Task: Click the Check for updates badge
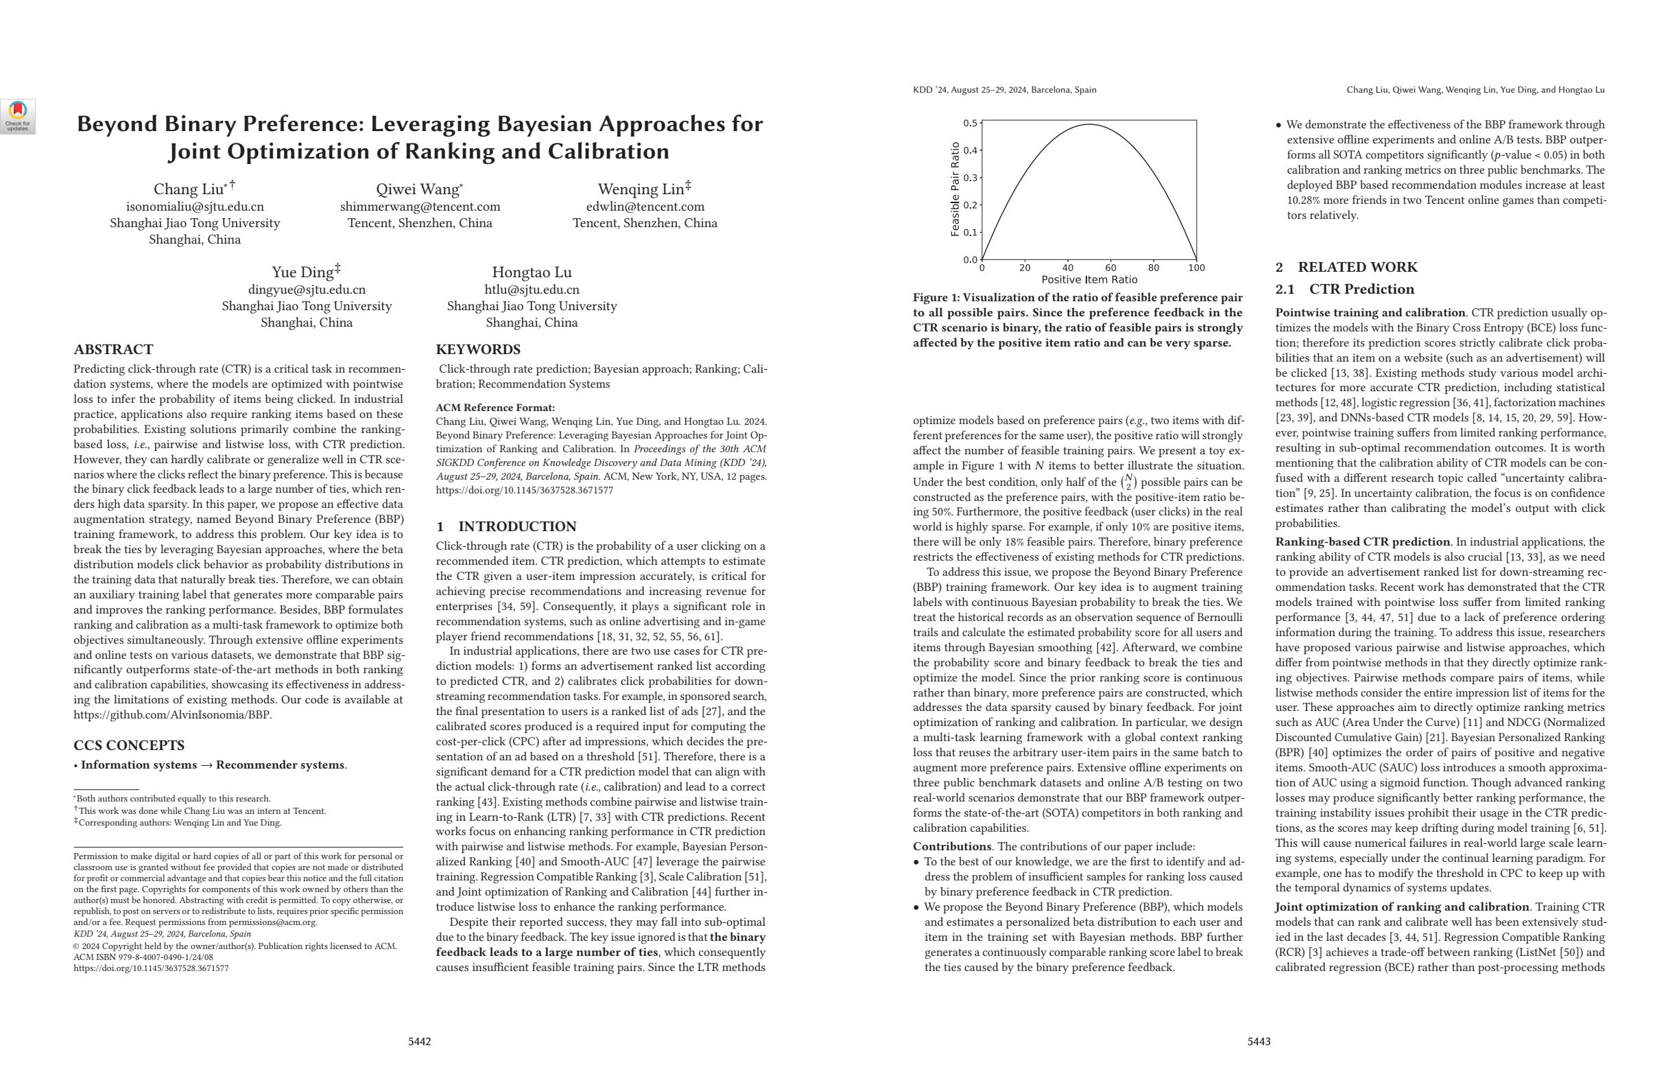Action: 18,117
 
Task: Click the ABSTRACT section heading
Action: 113,349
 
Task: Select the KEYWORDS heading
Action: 477,349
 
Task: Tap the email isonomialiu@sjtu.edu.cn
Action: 195,207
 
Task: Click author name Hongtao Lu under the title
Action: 532,272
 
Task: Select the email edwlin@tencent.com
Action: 645,207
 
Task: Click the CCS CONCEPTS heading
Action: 128,745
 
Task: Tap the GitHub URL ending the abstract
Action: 172,714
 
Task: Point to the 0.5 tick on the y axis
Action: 970,124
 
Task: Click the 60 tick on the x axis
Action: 1110,268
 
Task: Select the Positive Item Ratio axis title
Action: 1089,279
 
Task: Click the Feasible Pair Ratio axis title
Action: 955,189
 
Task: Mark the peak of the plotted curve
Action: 1089,125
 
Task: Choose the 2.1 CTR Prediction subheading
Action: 1344,290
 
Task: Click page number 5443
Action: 1259,1041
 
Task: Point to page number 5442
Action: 419,1041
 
